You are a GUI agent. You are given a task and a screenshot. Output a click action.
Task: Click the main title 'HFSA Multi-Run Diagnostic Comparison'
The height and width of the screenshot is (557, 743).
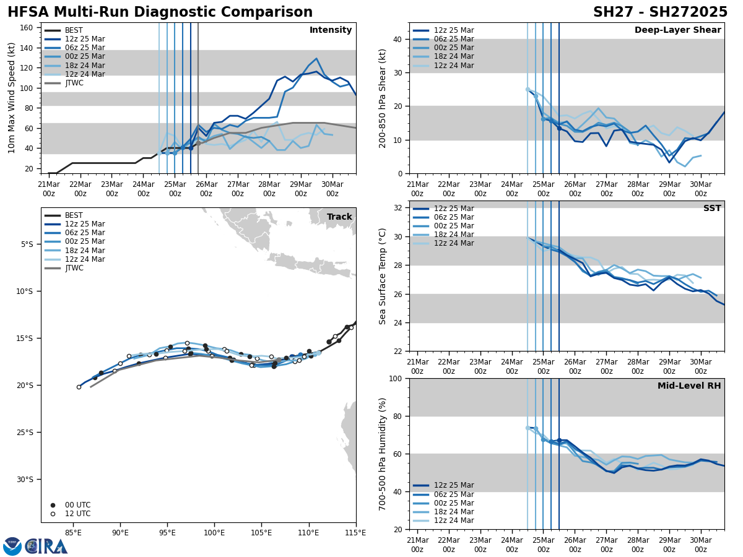point(160,12)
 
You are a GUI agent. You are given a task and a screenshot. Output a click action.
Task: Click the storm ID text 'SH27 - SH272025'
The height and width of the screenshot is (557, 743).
point(660,12)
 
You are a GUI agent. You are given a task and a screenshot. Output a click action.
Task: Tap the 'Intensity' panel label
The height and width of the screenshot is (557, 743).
point(331,30)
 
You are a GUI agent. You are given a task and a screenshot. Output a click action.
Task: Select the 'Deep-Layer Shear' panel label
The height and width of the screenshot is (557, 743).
point(677,30)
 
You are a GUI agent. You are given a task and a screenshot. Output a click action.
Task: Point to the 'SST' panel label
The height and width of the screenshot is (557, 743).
point(712,209)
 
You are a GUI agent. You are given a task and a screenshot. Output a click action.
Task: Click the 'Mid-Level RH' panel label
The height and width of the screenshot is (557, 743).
point(689,386)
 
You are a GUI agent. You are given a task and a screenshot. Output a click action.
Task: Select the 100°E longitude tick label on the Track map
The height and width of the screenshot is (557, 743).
point(214,532)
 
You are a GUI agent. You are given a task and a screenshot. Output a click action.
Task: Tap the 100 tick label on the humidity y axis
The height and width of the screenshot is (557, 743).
point(394,379)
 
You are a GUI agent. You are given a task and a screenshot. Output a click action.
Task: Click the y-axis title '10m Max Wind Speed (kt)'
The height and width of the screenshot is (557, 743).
point(12,98)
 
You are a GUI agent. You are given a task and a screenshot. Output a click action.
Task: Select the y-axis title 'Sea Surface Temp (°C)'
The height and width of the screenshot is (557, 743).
point(383,276)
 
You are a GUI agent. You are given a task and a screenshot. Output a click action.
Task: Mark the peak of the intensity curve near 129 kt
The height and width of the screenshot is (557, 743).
point(316,59)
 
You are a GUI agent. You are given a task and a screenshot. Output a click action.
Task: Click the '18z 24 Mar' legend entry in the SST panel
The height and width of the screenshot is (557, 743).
point(454,235)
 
